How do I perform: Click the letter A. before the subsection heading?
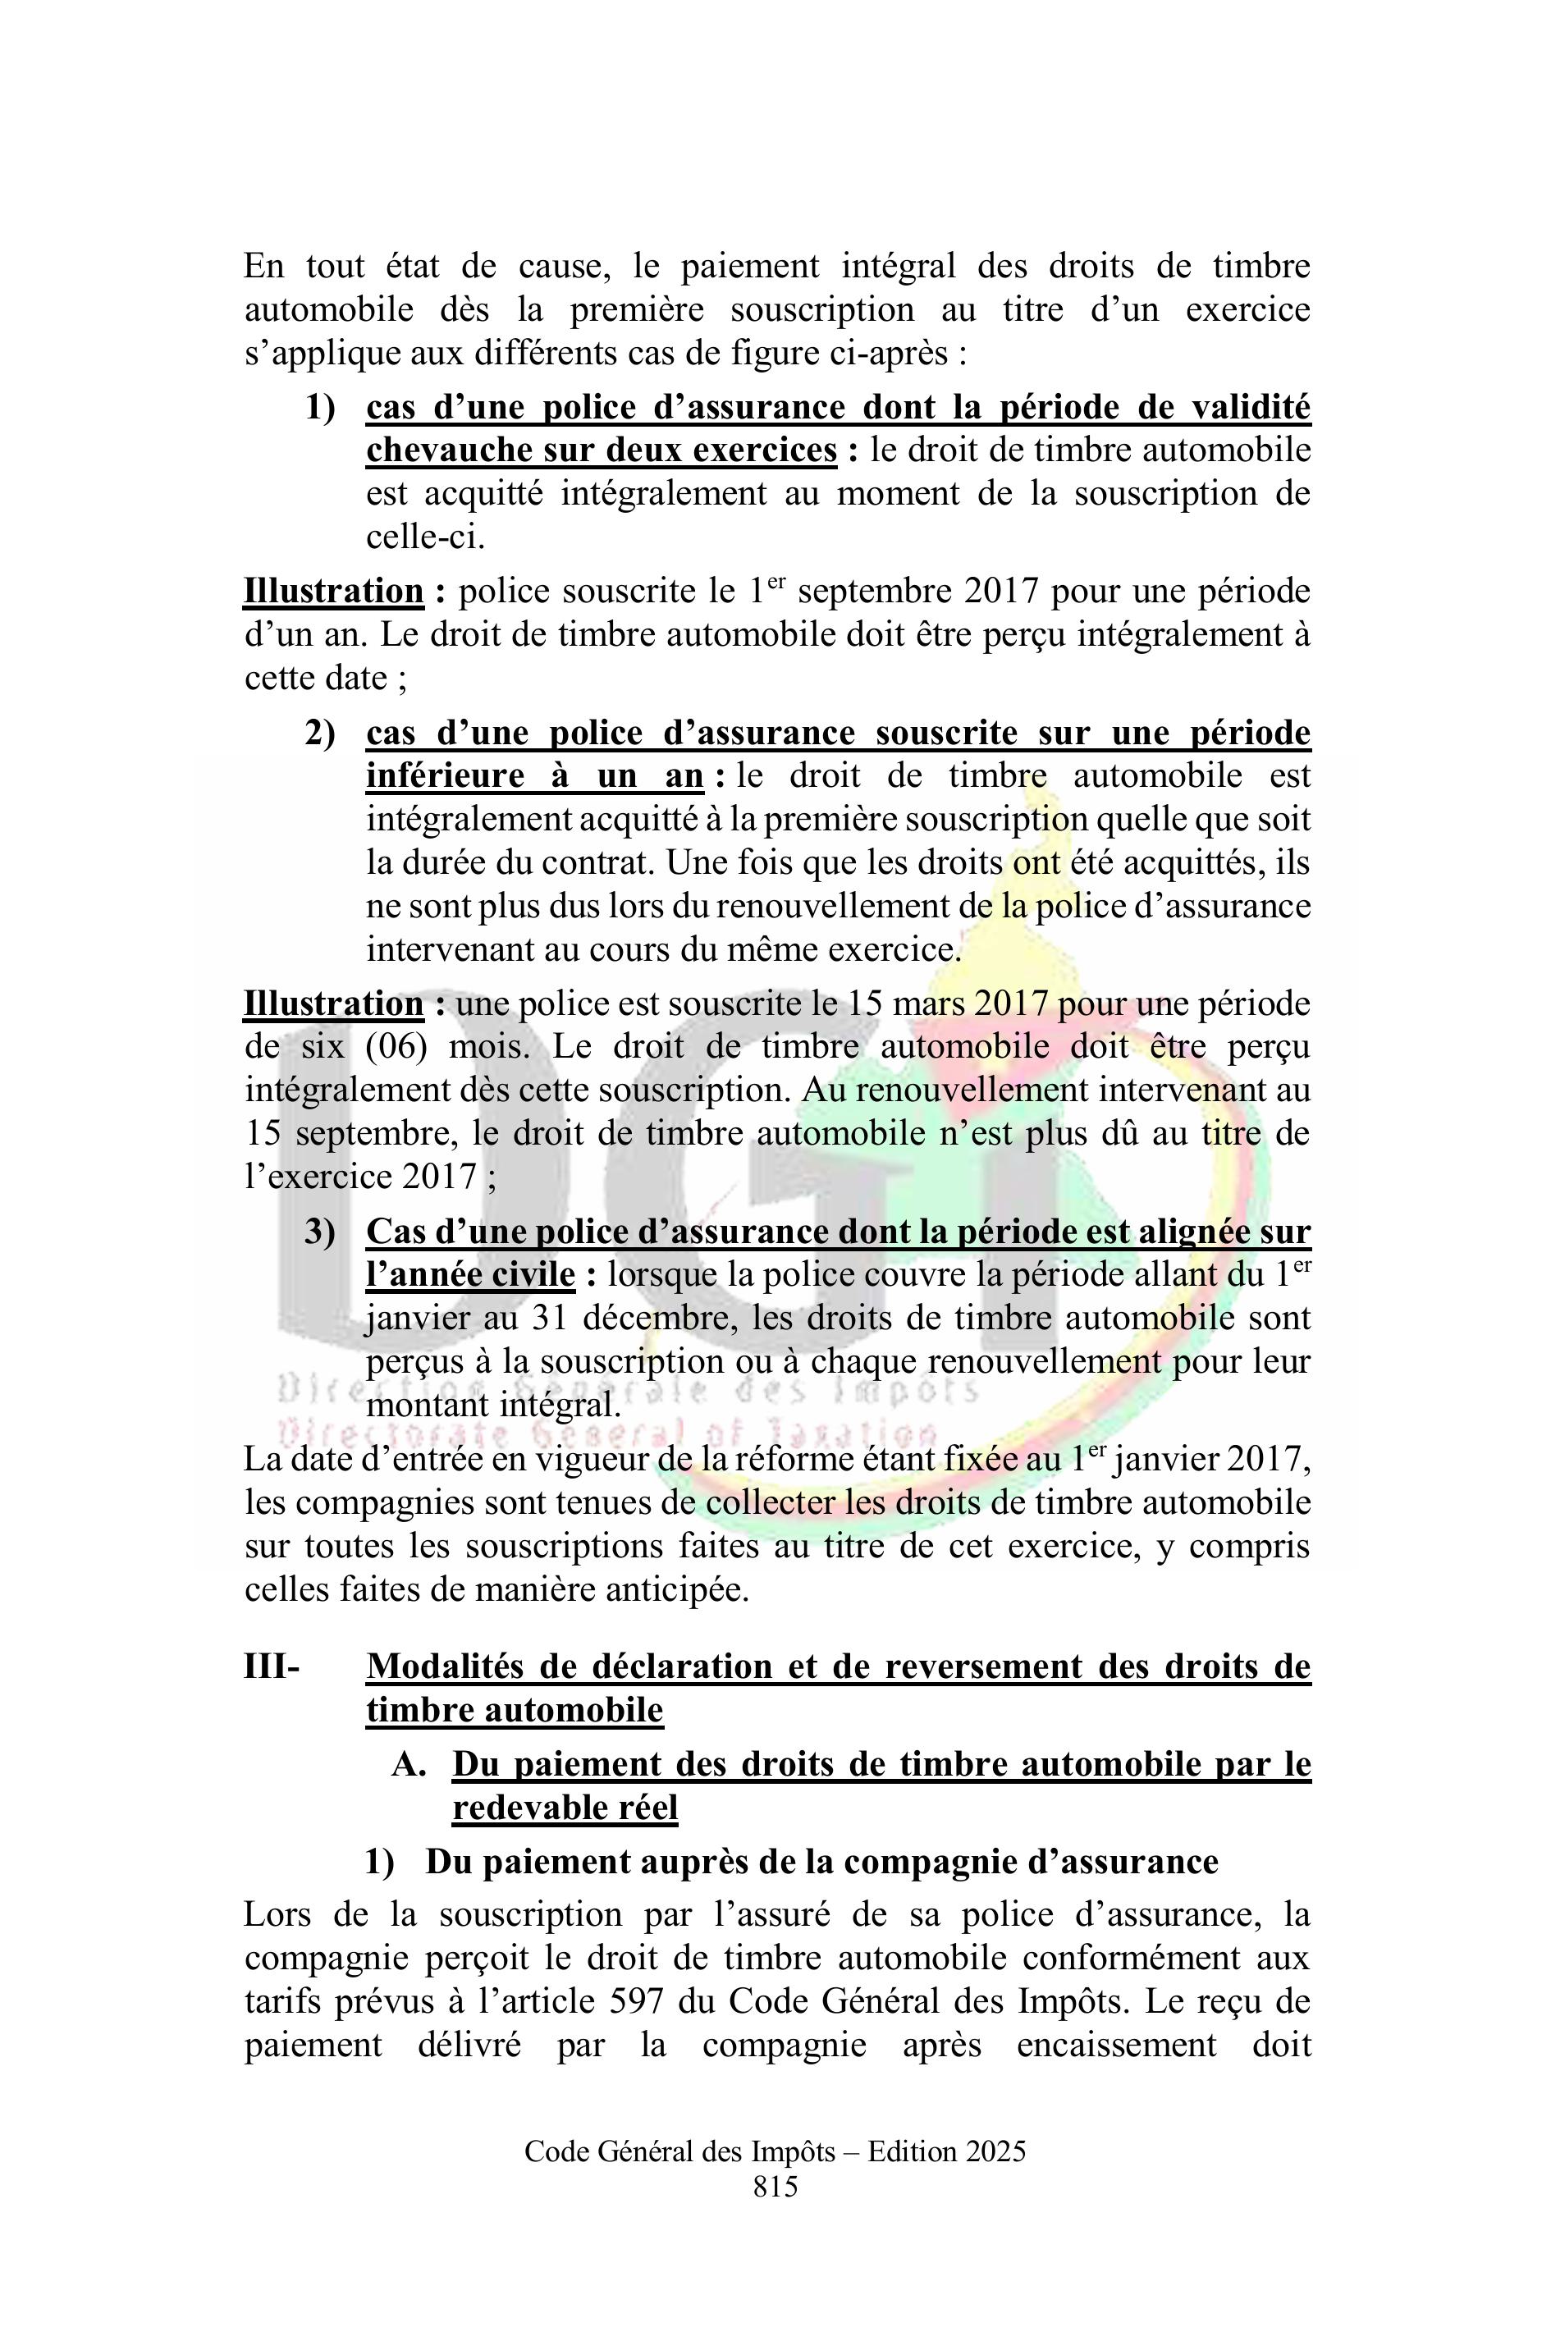(x=409, y=1764)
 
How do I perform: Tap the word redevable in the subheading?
(x=521, y=1808)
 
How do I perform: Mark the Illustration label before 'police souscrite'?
(x=333, y=592)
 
